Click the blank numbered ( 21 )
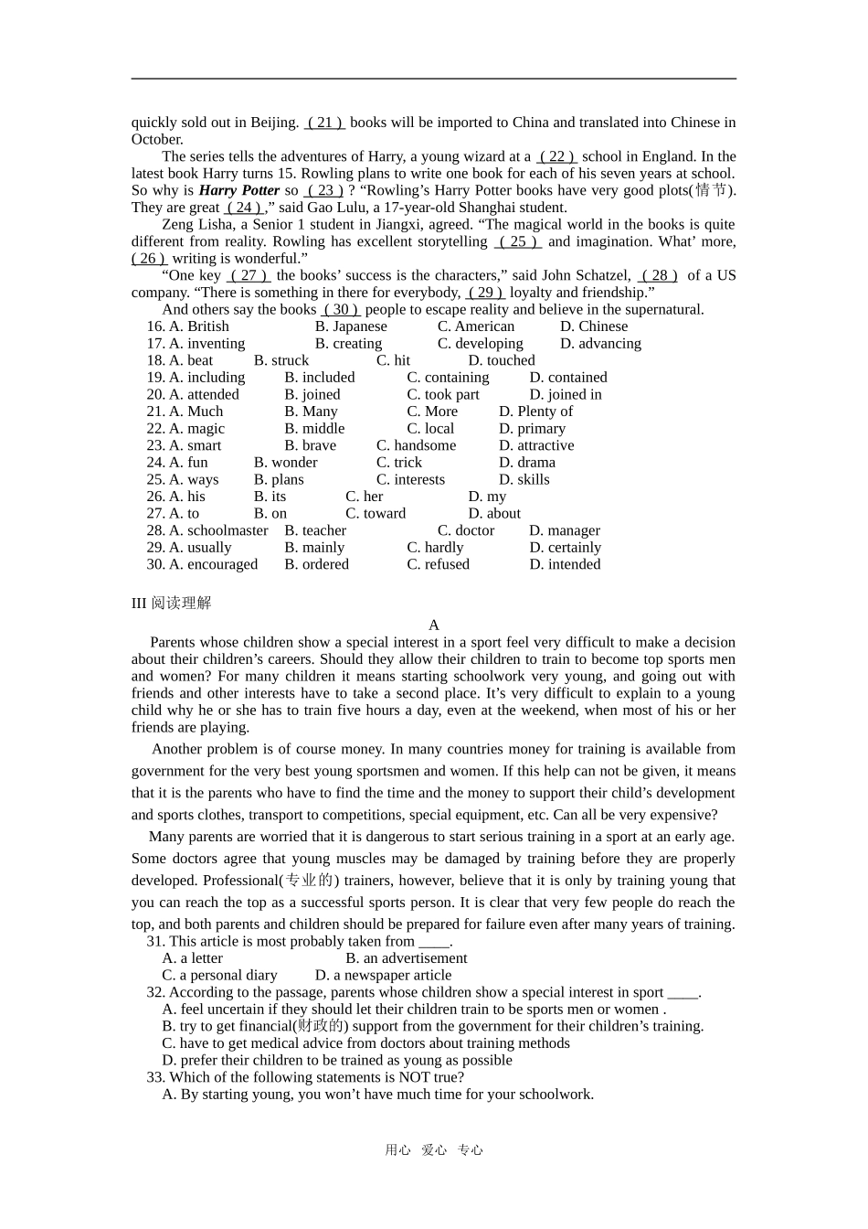324,123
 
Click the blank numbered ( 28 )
658,275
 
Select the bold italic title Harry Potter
238,190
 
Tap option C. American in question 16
475,326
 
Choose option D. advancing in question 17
600,344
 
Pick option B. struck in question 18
281,360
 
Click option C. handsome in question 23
416,445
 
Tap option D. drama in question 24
527,463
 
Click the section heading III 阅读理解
172,603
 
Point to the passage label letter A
434,625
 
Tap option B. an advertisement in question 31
406,958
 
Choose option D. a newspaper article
383,976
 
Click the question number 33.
155,1077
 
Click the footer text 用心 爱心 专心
434,1150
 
